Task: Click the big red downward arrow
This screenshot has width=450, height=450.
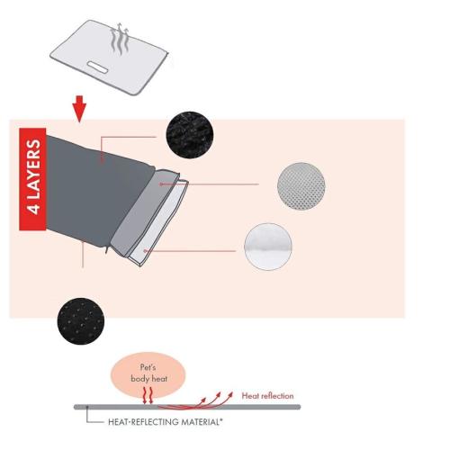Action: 79,109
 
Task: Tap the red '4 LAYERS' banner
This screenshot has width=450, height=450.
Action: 32,179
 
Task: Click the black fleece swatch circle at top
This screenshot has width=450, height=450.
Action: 190,135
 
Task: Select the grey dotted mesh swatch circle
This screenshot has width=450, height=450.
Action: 301,186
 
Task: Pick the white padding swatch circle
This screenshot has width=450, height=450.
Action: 268,247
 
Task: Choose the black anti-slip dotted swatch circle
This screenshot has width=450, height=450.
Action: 81,321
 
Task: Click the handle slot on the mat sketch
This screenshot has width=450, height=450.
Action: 98,67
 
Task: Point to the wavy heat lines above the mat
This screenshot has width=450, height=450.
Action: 120,39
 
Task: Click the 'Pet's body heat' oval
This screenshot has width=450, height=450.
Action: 148,374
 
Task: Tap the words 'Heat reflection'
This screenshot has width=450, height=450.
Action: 267,396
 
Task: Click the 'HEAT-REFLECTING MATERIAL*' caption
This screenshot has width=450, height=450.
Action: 166,422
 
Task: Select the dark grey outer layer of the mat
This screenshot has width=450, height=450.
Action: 96,192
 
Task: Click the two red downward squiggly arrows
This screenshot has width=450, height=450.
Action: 148,395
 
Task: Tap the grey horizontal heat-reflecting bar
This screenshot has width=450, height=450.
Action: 187,407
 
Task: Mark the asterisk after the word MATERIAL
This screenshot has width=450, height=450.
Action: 221,419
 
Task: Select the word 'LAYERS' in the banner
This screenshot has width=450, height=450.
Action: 33,169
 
